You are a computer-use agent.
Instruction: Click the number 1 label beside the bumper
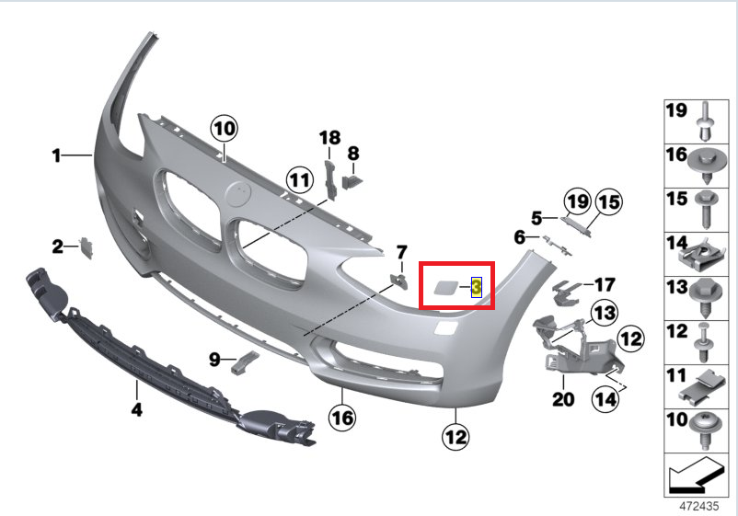[56, 156]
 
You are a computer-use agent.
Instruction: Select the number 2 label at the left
[57, 247]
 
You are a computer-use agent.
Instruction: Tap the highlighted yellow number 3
[477, 287]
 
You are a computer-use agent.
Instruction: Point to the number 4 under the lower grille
[136, 410]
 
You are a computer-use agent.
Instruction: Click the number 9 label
[213, 360]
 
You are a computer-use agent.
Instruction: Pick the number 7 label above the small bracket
[401, 252]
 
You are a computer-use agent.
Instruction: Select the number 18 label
[329, 138]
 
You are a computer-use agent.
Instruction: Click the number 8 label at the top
[352, 154]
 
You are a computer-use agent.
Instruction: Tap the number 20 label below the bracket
[562, 399]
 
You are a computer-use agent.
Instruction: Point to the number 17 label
[605, 285]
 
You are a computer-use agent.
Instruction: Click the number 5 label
[536, 218]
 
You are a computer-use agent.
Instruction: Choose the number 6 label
[520, 237]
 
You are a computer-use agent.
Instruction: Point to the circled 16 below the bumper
[341, 419]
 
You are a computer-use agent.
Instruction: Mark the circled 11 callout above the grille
[297, 178]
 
